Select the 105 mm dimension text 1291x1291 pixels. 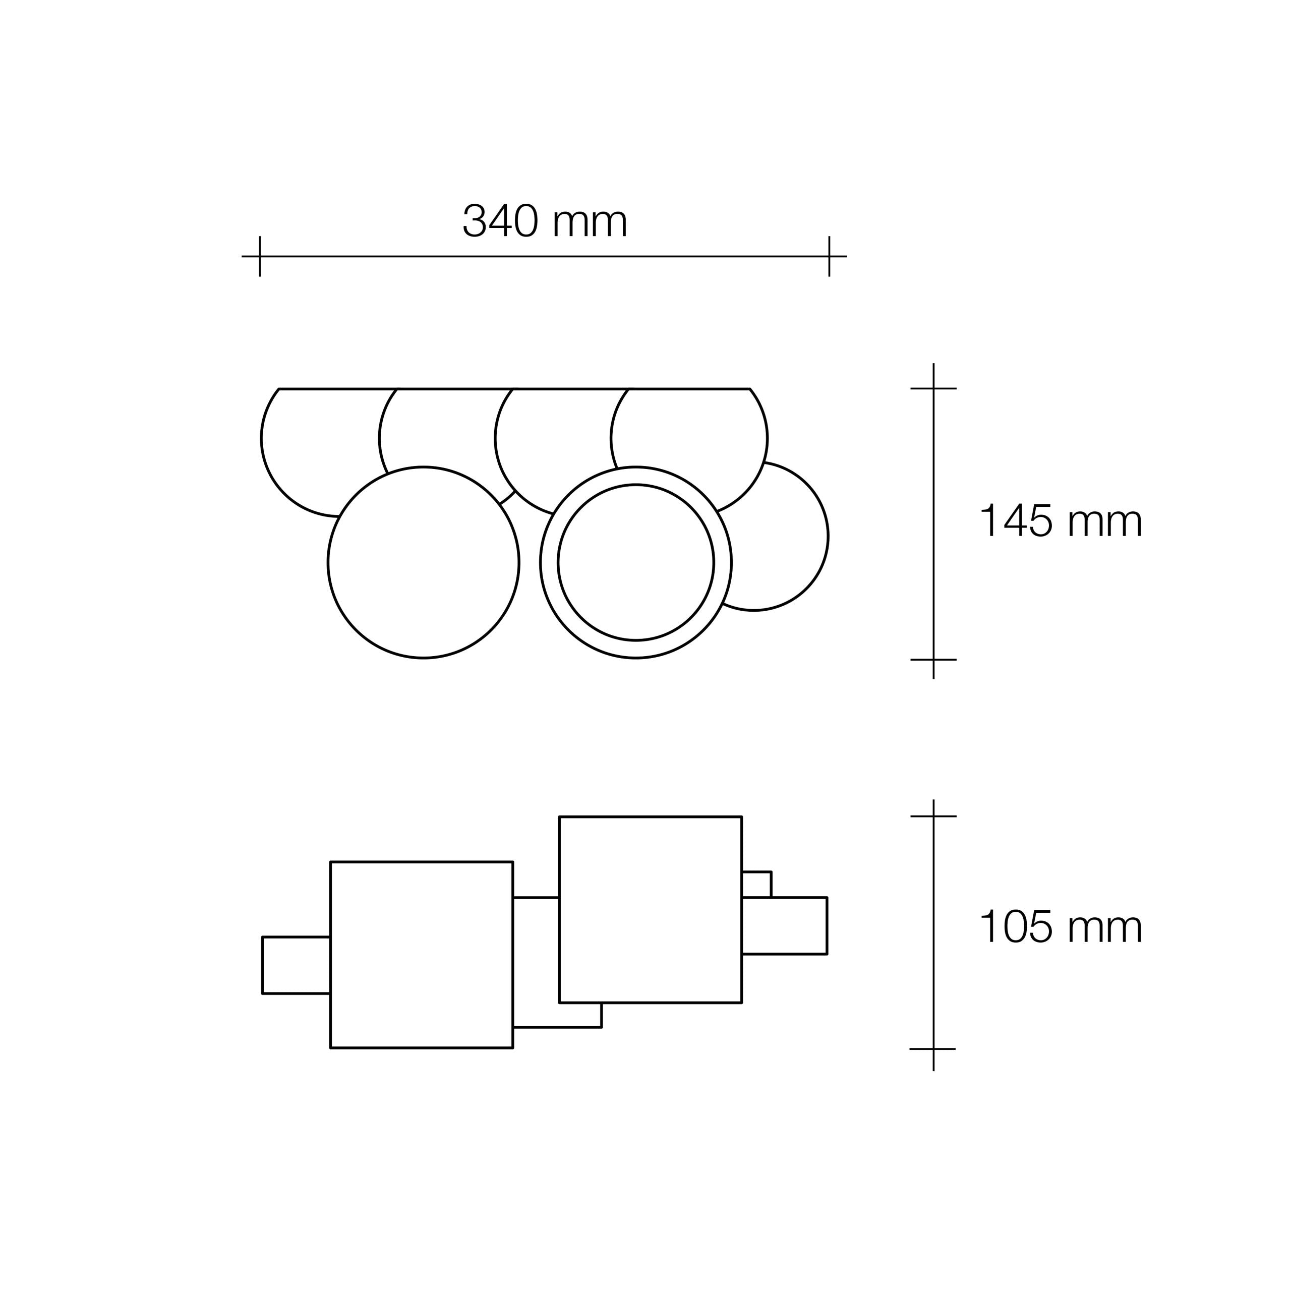(1061, 927)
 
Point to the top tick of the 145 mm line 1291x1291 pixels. (933, 388)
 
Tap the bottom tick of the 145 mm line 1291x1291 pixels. (933, 660)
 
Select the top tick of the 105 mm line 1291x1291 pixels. (933, 816)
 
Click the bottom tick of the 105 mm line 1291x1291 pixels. (933, 1048)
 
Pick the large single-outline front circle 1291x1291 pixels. (424, 563)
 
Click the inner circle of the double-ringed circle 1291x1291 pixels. (636, 563)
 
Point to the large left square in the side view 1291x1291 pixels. (422, 955)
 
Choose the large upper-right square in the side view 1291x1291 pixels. (650, 909)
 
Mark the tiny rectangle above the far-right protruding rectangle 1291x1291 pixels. (756, 884)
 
